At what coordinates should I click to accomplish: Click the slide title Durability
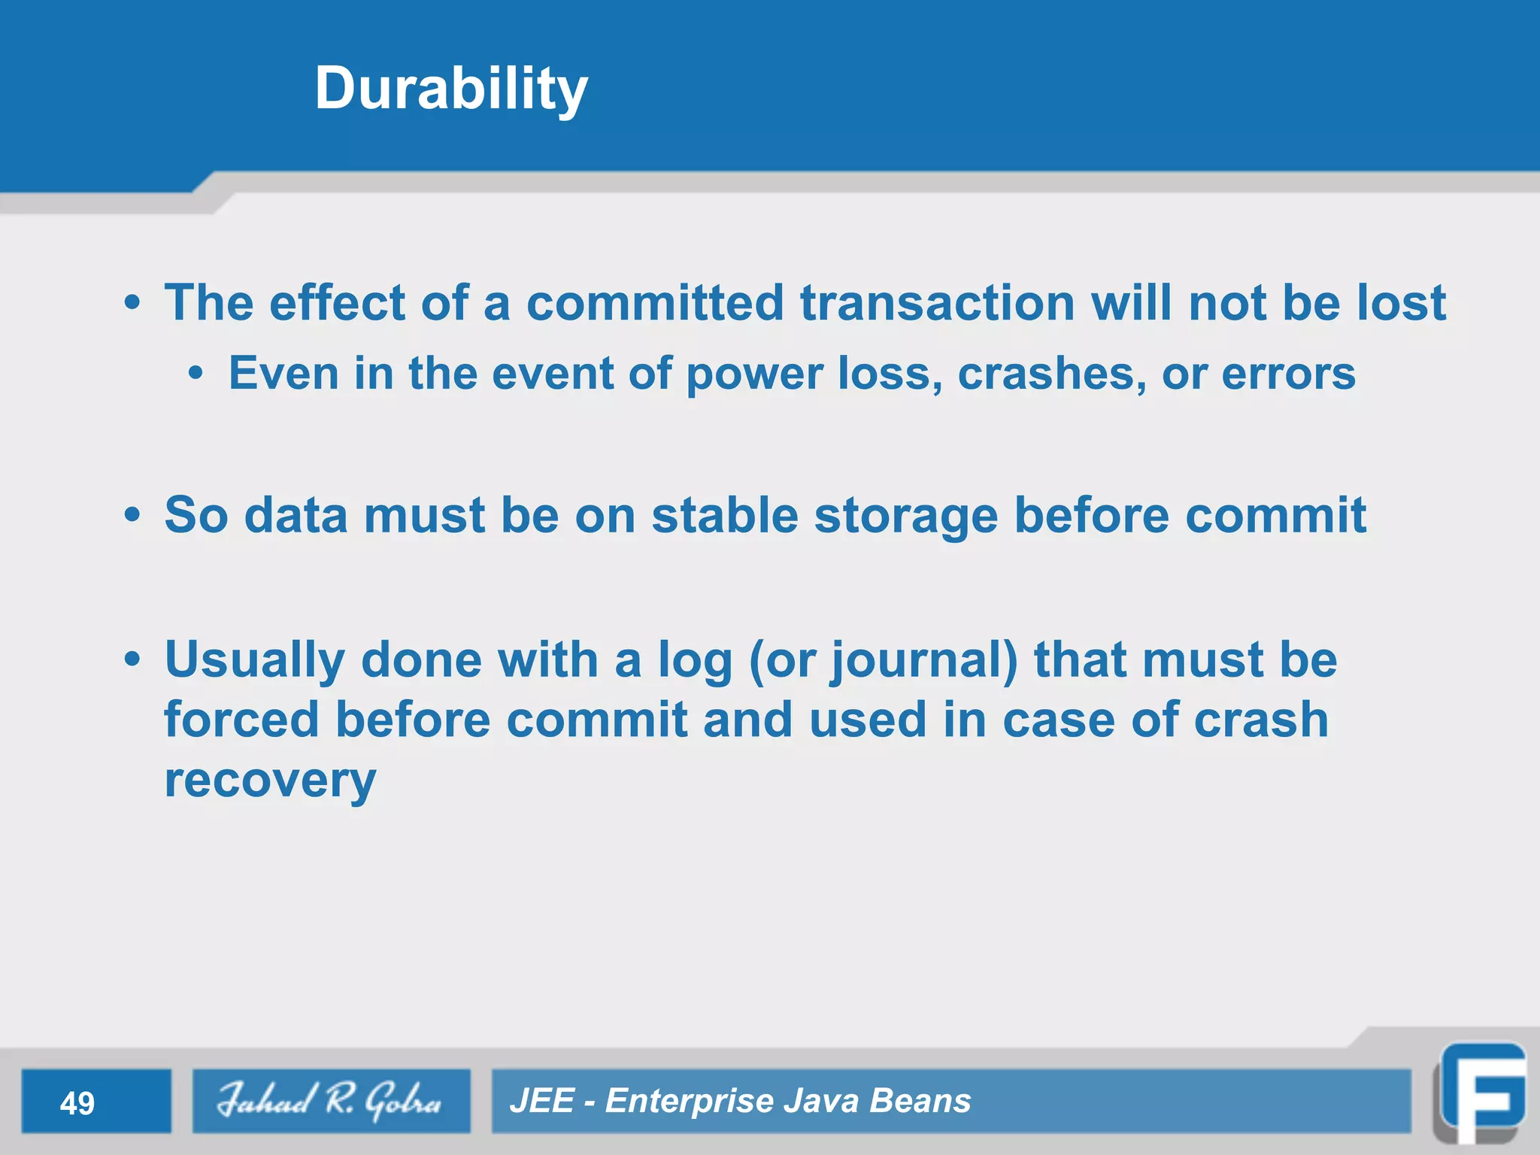point(451,89)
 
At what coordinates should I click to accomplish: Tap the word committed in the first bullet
point(654,303)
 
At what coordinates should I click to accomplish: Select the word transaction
point(937,303)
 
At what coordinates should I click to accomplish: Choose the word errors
point(1288,374)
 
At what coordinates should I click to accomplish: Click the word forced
point(241,720)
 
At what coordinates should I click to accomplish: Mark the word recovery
point(270,781)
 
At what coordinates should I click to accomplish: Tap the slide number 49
point(77,1103)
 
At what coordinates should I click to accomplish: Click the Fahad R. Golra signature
point(330,1101)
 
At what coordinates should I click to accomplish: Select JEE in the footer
point(542,1101)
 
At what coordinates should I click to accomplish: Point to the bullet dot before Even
point(196,374)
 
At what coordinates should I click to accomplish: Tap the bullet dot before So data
point(133,516)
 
